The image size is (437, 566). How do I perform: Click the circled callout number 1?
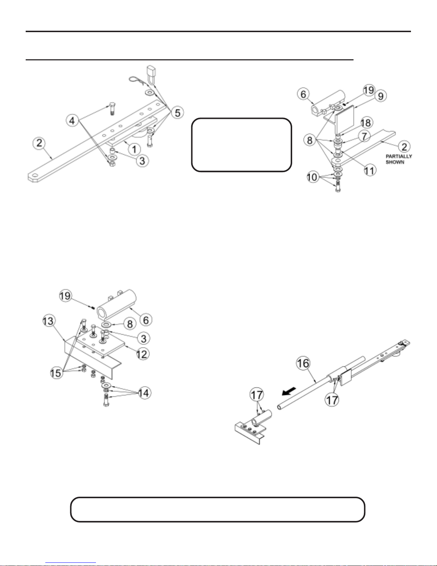pos(134,150)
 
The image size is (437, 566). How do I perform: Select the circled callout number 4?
pos(72,121)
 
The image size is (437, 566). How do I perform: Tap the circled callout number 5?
pos(177,113)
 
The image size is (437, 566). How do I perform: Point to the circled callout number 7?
pos(364,136)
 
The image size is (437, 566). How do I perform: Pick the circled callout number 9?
pos(381,96)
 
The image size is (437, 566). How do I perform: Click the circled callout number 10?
pos(312,177)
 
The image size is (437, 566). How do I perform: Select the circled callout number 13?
pos(49,321)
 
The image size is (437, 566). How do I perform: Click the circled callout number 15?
pos(56,373)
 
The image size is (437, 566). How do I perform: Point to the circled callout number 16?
pos(303,364)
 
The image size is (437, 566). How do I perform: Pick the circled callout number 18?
pos(366,123)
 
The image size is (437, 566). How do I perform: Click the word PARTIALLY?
pos(399,156)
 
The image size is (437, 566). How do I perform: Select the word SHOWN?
pos(395,162)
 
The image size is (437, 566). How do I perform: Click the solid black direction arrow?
pos(289,391)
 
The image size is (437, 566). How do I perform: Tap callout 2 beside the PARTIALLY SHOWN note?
pos(404,147)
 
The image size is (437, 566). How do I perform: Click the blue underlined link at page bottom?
pos(71,563)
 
